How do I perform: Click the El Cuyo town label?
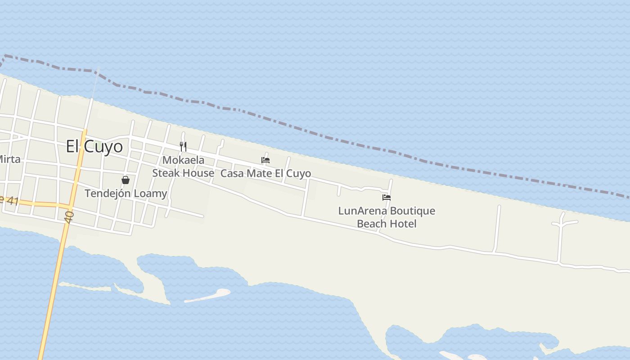coord(94,146)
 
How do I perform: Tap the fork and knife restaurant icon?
coord(183,146)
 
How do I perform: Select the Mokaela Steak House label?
coord(183,166)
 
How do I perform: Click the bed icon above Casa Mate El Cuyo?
coord(265,160)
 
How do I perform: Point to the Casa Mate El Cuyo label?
coord(265,173)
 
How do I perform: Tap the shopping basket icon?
coord(126,180)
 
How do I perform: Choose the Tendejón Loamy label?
coord(126,193)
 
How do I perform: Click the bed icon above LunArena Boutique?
coord(387,198)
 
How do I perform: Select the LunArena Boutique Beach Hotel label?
coord(387,217)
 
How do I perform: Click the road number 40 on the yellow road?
coord(69,217)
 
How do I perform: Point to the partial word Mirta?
coord(9,159)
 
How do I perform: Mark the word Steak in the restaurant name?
coord(165,173)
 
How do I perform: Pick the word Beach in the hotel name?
coord(372,224)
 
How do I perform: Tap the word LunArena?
coord(362,211)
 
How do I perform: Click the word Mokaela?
coord(183,160)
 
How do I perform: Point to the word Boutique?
coord(411,211)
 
